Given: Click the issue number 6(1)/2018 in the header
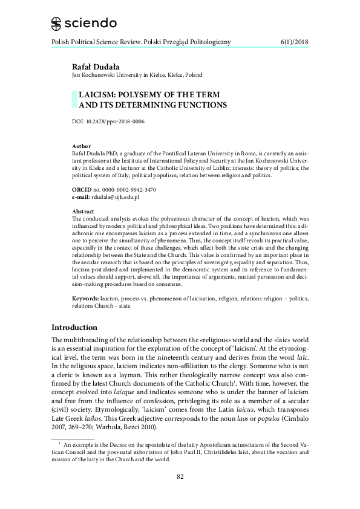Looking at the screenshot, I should pyautogui.click(x=295, y=42).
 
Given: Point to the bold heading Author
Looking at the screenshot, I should pyautogui.click(x=81, y=146).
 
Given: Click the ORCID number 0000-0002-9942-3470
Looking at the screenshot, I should pyautogui.click(x=128, y=190).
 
